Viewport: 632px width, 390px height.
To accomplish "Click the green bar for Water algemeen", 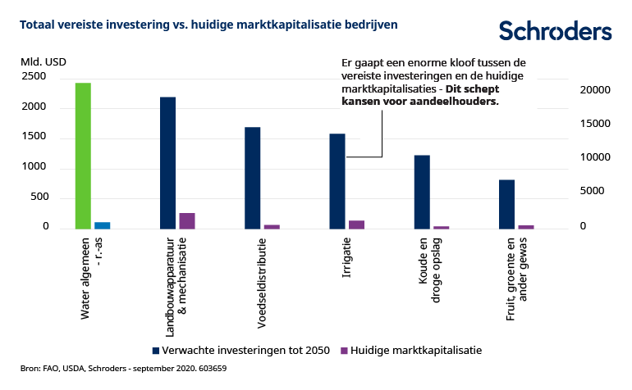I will coord(83,156).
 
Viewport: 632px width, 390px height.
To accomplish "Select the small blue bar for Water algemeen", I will coord(103,224).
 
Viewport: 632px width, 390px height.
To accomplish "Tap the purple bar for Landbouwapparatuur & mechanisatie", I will coord(187,220).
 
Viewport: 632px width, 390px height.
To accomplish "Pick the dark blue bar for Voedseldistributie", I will coord(252,178).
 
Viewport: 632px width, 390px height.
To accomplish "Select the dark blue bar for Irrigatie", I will coord(337,181).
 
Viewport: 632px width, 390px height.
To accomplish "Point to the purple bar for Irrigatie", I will coord(356,224).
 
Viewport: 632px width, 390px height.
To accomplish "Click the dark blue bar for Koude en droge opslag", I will coord(422,192).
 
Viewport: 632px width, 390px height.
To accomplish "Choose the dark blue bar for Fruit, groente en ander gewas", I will coord(506,204).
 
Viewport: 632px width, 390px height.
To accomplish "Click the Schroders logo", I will coord(555,31).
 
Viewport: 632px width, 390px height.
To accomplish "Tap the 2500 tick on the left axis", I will coord(34,76).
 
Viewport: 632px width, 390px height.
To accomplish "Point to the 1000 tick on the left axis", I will coord(34,167).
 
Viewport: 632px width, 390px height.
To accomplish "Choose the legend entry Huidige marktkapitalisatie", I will coord(415,350).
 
